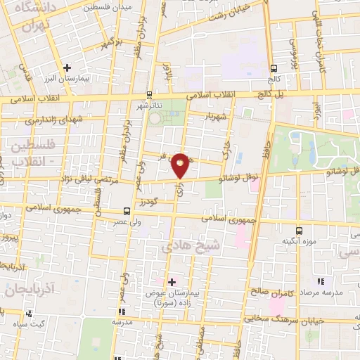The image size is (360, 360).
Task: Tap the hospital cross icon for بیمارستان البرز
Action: [67, 68]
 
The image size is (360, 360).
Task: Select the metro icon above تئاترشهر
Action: [149, 94]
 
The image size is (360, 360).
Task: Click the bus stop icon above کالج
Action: [273, 68]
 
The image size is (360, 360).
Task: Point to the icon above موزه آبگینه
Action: [299, 231]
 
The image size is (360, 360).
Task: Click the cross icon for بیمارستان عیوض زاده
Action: [172, 281]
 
